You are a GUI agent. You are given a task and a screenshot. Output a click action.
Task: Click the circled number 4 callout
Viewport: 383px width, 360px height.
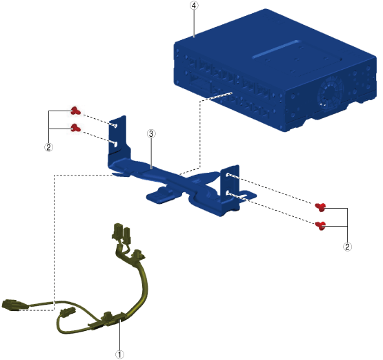pos(194,6)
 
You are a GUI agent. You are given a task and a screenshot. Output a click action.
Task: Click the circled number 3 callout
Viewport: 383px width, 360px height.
pos(151,134)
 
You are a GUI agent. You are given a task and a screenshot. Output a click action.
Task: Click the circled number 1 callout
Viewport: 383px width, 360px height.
pos(119,354)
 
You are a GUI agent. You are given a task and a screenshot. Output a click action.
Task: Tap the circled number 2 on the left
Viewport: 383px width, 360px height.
pos(48,147)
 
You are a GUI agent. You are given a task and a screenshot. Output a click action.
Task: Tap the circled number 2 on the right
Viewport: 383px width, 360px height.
pos(348,247)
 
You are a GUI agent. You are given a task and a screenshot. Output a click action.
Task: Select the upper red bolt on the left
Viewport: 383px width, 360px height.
pos(75,111)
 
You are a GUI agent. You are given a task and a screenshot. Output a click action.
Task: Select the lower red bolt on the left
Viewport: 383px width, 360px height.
pos(75,128)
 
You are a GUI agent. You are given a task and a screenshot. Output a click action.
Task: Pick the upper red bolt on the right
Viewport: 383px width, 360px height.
pos(320,207)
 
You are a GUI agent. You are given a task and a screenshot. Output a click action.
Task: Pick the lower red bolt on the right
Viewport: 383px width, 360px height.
pos(320,226)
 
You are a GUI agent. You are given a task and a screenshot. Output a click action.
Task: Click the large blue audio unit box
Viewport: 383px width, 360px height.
pos(275,70)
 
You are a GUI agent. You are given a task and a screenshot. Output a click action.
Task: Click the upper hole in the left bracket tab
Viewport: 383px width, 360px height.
pos(115,126)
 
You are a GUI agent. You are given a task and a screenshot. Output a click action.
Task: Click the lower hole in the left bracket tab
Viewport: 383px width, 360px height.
pos(115,144)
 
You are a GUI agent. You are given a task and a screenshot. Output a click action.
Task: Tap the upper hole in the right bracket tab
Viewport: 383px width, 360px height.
pos(228,175)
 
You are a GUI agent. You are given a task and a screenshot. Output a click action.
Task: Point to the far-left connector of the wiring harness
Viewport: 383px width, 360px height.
pos(13,305)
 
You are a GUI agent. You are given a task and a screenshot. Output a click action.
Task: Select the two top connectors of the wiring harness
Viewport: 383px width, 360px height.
pos(121,232)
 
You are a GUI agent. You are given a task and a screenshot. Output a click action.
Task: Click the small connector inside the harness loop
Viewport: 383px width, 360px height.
pos(68,312)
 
